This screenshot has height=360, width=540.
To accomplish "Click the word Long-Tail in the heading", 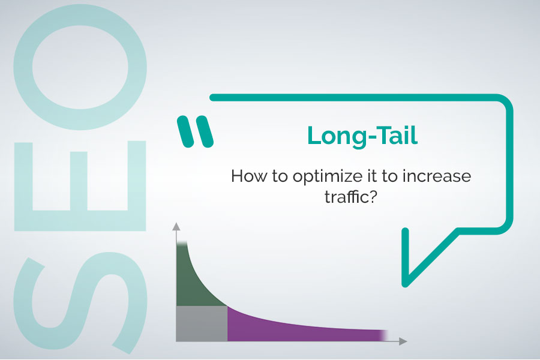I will (362, 136).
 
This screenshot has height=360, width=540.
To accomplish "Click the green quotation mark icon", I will (196, 131).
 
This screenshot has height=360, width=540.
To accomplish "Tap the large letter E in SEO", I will (81, 185).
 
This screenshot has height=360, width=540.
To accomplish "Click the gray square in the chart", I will (202, 324).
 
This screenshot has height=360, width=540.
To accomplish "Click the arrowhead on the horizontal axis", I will (403, 341).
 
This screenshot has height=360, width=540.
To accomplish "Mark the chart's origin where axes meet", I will (176, 341).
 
